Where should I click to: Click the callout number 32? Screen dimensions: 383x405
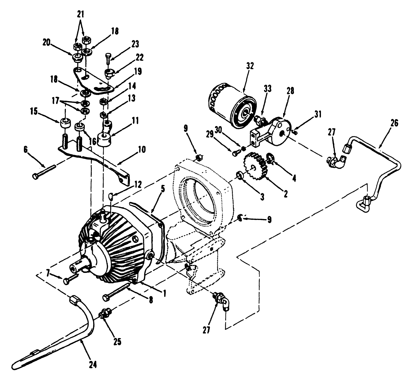point(250,66)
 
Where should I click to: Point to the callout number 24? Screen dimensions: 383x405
point(93,365)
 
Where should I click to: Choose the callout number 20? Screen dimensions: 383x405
point(47,42)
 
